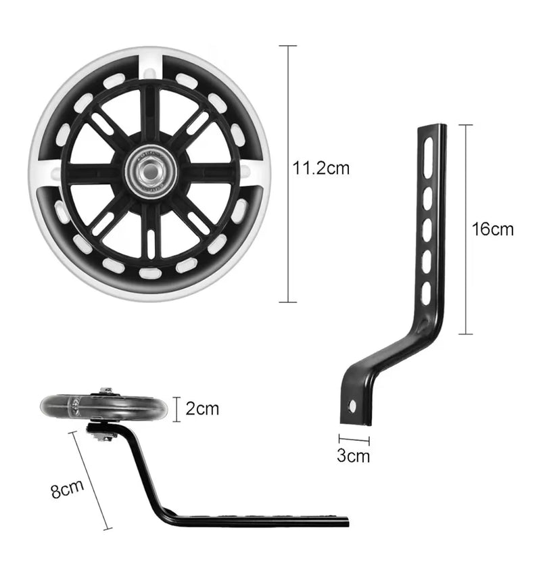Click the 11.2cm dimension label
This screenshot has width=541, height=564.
click(x=321, y=168)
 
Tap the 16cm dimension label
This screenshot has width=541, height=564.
click(x=492, y=229)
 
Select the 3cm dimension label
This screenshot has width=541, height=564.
click(x=353, y=456)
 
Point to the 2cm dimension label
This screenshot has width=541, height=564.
click(x=202, y=408)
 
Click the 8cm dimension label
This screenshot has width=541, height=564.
click(x=67, y=489)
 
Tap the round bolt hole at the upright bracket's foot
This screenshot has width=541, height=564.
click(x=352, y=406)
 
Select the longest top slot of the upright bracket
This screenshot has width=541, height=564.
click(x=429, y=158)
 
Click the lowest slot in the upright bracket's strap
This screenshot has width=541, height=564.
click(x=426, y=293)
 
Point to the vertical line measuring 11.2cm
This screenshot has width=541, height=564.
click(x=288, y=174)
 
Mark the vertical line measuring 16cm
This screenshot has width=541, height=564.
click(x=466, y=229)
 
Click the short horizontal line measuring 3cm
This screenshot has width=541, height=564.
click(x=354, y=439)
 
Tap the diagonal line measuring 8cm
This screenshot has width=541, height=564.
click(x=90, y=480)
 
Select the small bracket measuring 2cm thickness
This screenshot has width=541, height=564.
click(x=177, y=409)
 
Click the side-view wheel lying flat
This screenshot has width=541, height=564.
click(x=104, y=407)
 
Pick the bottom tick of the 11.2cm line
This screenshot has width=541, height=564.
click(x=288, y=302)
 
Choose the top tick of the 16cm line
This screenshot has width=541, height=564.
click(x=466, y=125)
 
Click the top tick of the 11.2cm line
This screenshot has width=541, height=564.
click(x=288, y=46)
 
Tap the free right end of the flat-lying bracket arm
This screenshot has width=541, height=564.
click(x=347, y=521)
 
